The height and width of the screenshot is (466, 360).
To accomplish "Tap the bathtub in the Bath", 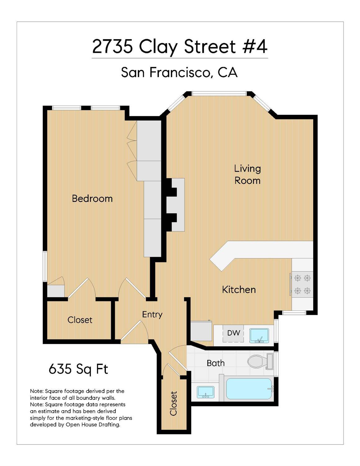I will pyautogui.click(x=248, y=389).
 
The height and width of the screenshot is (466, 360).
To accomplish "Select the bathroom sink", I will pyautogui.click(x=205, y=392).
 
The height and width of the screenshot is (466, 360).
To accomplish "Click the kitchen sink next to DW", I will pyautogui.click(x=259, y=335).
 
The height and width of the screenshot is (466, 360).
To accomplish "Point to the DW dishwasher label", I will pyautogui.click(x=234, y=333).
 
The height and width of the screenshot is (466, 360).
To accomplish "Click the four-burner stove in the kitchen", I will pyautogui.click(x=302, y=284).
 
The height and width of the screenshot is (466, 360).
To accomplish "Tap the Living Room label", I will pyautogui.click(x=247, y=174).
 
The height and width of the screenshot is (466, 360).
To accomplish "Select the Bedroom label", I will pyautogui.click(x=92, y=198).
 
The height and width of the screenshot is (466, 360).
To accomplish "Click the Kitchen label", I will pyautogui.click(x=239, y=290).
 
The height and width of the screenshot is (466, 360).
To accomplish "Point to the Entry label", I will pyautogui.click(x=152, y=314).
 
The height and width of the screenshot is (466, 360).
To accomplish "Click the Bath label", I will pyautogui.click(x=216, y=363).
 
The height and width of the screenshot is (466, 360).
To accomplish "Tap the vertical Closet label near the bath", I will pyautogui.click(x=173, y=403).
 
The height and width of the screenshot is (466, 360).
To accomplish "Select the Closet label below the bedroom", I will pyautogui.click(x=80, y=320).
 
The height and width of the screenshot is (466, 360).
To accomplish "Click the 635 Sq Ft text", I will pyautogui.click(x=78, y=369).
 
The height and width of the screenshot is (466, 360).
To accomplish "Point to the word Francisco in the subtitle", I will pyautogui.click(x=180, y=72).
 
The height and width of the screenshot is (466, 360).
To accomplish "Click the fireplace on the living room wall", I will pyautogui.click(x=175, y=205).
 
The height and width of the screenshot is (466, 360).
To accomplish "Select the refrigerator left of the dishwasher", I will pyautogui.click(x=201, y=331).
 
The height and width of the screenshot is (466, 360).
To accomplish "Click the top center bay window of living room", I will pyautogui.click(x=219, y=93).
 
